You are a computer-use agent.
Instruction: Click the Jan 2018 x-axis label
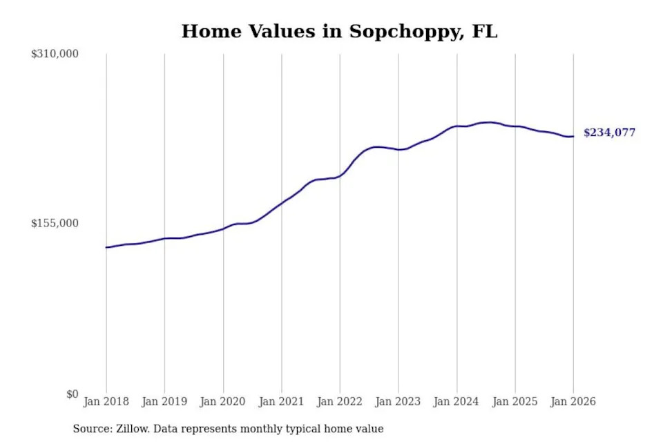point(106,401)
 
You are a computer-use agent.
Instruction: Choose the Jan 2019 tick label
point(164,401)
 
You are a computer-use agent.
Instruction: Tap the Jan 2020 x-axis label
point(222,401)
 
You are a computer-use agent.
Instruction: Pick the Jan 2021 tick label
point(281,401)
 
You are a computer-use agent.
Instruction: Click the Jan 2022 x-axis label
point(339,401)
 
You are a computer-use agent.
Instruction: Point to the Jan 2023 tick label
point(398,401)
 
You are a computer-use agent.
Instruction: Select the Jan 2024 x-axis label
point(456,401)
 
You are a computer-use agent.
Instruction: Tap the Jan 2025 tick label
point(515,401)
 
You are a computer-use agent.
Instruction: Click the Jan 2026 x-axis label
point(573,401)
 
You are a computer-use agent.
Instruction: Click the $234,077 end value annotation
point(609,133)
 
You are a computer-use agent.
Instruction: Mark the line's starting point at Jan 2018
point(106,247)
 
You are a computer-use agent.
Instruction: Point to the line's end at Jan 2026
point(573,136)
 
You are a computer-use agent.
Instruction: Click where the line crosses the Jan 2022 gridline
point(340,175)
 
